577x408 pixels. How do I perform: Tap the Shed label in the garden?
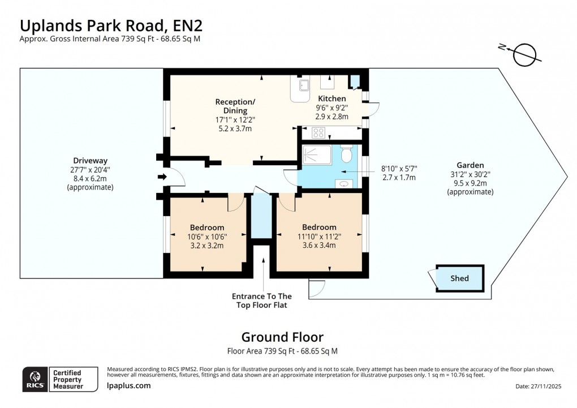(459, 278)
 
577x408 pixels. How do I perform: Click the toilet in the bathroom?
(347, 153)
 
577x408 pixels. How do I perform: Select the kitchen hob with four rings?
(318, 134)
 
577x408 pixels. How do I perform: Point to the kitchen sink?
(304, 85)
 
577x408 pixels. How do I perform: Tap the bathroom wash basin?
(345, 183)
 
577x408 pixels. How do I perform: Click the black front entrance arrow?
(162, 177)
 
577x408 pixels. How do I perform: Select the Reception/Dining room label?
(235, 106)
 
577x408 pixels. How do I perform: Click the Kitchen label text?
(331, 98)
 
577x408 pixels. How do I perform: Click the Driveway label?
(90, 160)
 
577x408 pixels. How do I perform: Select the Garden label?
(470, 165)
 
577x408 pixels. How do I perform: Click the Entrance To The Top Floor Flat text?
(262, 300)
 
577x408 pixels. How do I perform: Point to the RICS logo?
(35, 379)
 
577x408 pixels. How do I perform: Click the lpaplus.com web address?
(128, 385)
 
